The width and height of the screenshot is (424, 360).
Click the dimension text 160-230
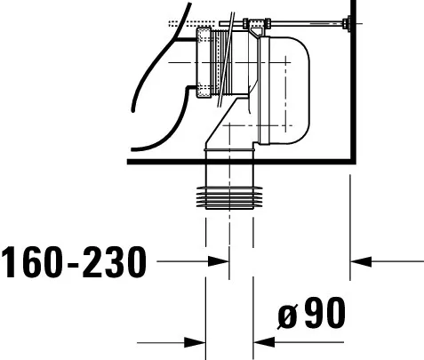tap(73, 262)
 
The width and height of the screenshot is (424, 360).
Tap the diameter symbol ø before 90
tap(287, 316)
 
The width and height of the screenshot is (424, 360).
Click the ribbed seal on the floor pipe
tap(229, 197)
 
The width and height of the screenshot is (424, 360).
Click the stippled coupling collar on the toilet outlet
tap(209, 63)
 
